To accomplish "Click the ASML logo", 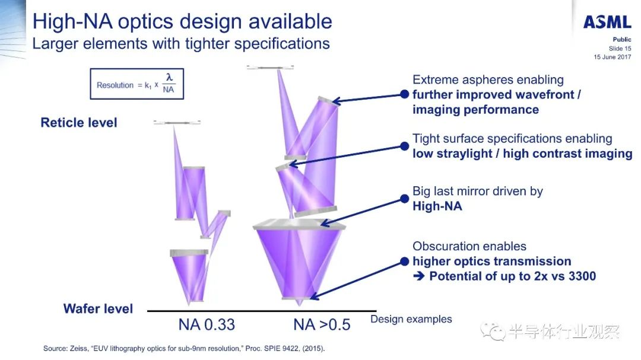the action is point(607,22).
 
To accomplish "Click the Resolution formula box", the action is point(137,84).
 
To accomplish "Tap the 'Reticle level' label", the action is point(79,123).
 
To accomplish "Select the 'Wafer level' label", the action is point(98,308).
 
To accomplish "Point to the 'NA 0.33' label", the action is point(207,325).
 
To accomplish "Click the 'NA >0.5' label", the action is point(322,325).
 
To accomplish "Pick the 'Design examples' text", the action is point(411,319).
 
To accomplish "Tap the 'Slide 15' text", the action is point(620,48).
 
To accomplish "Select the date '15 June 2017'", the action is point(613,57).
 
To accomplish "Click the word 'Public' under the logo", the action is point(622,39).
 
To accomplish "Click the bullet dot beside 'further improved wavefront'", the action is point(404,94).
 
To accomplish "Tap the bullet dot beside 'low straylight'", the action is point(404,146).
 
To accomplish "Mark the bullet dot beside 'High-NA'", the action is point(404,199).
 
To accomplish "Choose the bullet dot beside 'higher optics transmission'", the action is point(404,262).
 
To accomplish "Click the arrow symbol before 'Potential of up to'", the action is point(418,276).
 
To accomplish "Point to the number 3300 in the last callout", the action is point(582,276).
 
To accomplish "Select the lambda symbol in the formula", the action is point(169,77).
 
